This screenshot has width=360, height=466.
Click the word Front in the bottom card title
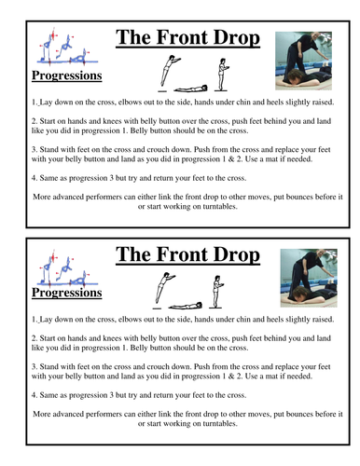coord(183,254)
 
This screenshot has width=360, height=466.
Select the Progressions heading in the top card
coord(67,75)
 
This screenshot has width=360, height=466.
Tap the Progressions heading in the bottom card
coord(67,293)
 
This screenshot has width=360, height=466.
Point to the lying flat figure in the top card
coord(190,89)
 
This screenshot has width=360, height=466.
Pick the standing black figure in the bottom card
coord(216,291)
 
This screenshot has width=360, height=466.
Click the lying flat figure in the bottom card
coord(186,306)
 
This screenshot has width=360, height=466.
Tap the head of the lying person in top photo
coord(295,76)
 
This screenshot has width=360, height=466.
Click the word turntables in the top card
coord(220,207)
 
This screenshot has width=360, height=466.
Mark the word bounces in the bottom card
coord(298,414)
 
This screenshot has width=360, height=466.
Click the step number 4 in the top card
coord(34,178)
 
